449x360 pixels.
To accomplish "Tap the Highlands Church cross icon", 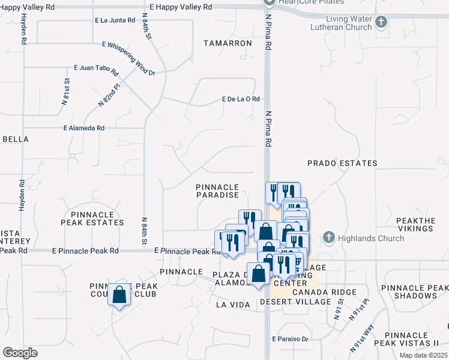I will pos(328,238).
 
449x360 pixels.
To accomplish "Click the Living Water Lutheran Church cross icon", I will pos(380,23).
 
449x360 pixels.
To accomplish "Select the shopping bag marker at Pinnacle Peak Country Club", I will pos(119,295).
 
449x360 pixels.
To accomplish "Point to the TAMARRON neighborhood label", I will pos(228,44).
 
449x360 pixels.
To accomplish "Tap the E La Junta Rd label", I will pos(115,20).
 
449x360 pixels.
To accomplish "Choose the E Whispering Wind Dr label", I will pos(128,59).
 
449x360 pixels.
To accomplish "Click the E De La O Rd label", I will pos(241,99).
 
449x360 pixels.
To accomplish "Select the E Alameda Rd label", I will pos(84,128).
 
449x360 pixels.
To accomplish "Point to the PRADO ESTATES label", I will pos(342,163).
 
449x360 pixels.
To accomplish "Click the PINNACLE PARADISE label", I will pos(217,191).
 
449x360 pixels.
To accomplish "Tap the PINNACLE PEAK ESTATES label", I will pos(92,218).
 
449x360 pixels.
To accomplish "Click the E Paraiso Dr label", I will pos(290,339).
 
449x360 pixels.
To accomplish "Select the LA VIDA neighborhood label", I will pos(232,305).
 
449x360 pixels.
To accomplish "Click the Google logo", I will pos(20,353).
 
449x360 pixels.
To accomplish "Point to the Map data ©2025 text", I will pos(423,355).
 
